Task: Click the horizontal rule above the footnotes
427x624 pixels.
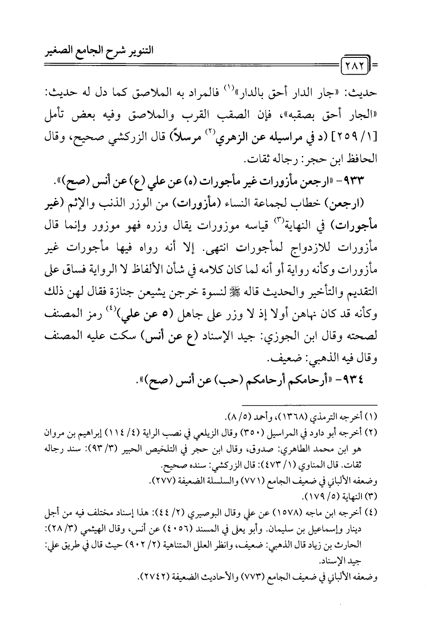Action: (310, 403)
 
